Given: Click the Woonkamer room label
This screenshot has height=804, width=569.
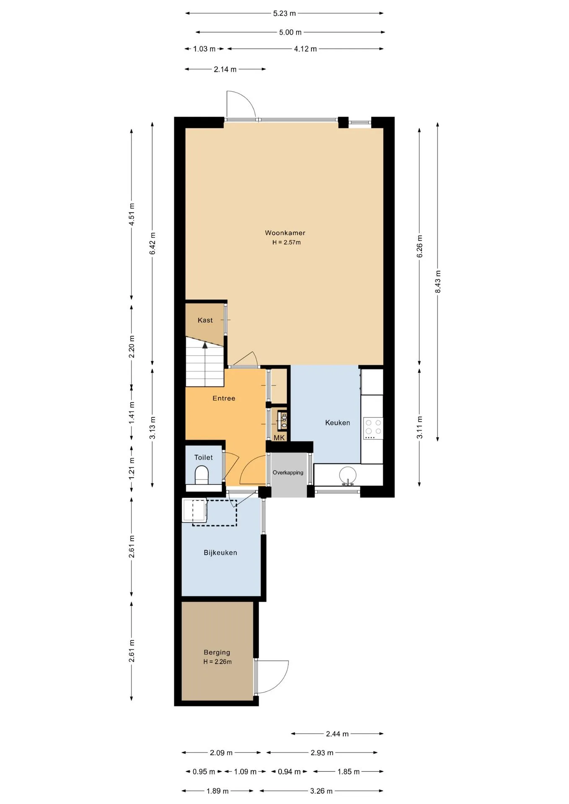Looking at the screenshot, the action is [285, 233].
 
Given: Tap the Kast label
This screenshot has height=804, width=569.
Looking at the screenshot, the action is [205, 320].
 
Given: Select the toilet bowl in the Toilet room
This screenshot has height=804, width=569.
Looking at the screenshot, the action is [202, 475].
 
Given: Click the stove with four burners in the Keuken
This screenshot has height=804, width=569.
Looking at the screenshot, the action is [373, 428].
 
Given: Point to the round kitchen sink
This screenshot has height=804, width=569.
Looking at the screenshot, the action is [348, 476].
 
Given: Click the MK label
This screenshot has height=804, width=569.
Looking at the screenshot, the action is [279, 438].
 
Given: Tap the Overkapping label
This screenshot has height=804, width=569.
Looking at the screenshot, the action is [288, 473].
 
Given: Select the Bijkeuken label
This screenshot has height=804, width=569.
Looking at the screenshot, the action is [220, 553].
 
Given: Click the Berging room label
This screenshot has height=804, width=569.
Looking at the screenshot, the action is [217, 652].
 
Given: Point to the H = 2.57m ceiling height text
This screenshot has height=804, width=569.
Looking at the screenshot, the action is [287, 242].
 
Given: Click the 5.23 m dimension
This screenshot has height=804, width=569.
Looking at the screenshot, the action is [284, 13].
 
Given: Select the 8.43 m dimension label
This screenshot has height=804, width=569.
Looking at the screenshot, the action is [438, 282].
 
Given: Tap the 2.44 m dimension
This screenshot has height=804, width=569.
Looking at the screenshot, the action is [337, 734].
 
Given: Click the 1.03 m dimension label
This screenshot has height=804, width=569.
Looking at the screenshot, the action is [204, 49].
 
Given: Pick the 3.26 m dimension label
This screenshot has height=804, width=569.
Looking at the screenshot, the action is [321, 791].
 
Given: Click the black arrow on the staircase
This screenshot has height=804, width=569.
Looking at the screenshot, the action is [205, 345].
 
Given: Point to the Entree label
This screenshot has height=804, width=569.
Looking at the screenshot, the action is [224, 398].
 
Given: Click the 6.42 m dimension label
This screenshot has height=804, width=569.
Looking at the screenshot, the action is [153, 243].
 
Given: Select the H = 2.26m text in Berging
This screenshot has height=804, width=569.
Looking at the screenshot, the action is [217, 662].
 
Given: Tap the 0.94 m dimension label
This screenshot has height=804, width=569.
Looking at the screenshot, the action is [289, 771].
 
